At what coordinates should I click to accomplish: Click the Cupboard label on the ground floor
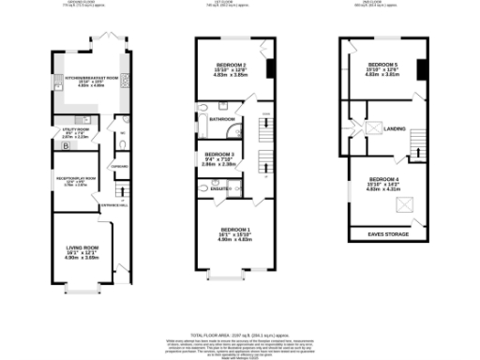point(120,167)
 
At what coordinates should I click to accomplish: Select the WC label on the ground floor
point(123,133)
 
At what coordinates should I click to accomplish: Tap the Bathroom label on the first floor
point(222,120)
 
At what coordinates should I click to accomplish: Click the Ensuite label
point(222,189)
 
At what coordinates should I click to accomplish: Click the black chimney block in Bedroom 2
point(270,70)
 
